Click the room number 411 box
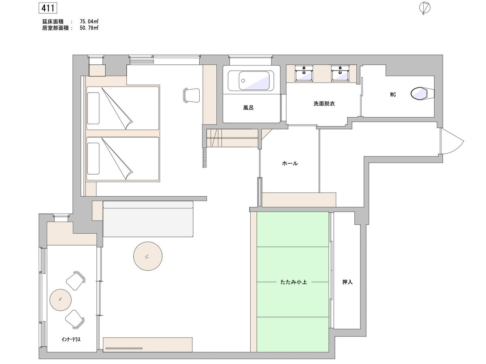[x=48, y=8]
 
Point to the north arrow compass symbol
[x=425, y=8]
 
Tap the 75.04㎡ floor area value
[x=89, y=21]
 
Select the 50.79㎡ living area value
[x=89, y=28]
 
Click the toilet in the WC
[x=422, y=93]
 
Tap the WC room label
[x=393, y=95]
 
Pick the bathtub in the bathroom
[x=251, y=80]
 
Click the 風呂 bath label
[x=248, y=108]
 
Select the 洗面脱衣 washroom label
[x=324, y=104]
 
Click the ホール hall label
[x=290, y=163]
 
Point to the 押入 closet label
[x=347, y=282]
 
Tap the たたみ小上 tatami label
[x=293, y=282]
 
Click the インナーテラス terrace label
[x=71, y=340]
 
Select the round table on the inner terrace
[x=60, y=300]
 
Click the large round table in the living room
[x=148, y=256]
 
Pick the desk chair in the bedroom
[x=192, y=95]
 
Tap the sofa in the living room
[x=148, y=219]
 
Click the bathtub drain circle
[x=243, y=80]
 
